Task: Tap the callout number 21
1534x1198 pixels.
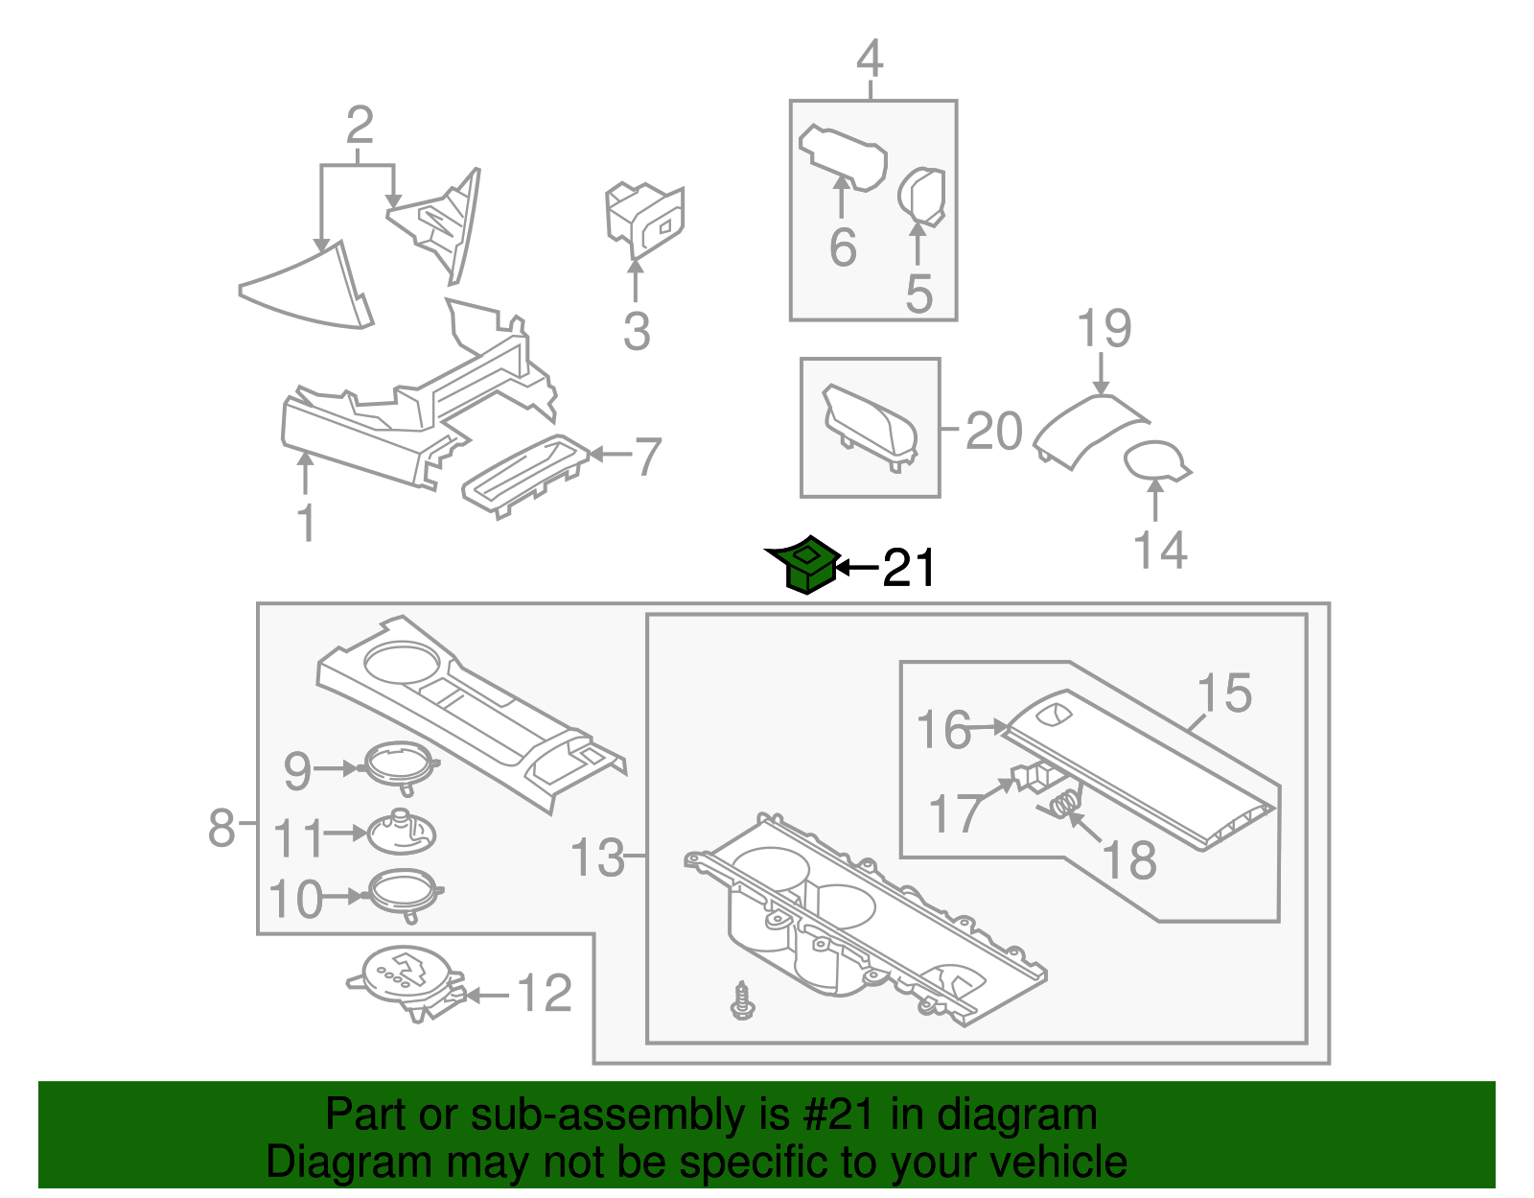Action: pos(908,569)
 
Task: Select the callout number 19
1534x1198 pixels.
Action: pos(1104,329)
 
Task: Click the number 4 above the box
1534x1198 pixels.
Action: pos(870,59)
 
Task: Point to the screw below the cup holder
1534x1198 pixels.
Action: pos(741,999)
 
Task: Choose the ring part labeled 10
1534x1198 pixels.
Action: pos(403,891)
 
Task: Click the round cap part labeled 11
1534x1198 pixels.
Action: pos(402,832)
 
